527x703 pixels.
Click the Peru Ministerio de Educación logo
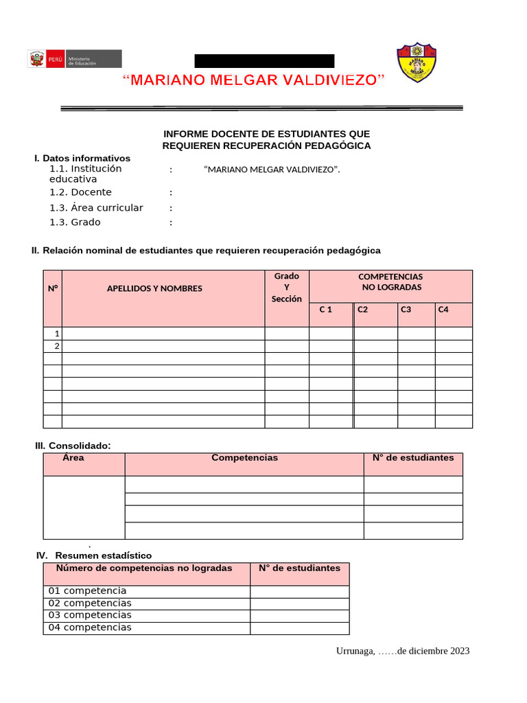(x=74, y=59)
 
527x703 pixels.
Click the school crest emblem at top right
(x=417, y=63)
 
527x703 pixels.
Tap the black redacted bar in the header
(x=264, y=60)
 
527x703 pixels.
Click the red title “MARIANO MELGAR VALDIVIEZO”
(x=254, y=80)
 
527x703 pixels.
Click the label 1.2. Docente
(x=80, y=192)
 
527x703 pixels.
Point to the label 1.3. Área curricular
(x=96, y=207)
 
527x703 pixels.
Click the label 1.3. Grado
(x=75, y=222)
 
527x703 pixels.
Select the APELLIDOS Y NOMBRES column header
(x=154, y=288)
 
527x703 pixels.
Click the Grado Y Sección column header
(x=287, y=287)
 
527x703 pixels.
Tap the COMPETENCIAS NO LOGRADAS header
(x=390, y=281)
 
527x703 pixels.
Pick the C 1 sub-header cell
(x=326, y=310)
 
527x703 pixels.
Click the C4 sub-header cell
(x=443, y=310)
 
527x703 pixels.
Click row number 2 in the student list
(x=57, y=346)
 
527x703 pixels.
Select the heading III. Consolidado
(x=73, y=446)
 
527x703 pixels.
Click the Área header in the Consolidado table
(x=73, y=457)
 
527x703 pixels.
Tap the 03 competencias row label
(x=90, y=615)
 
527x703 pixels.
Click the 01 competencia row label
(x=88, y=590)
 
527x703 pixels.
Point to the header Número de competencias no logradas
(x=144, y=568)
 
